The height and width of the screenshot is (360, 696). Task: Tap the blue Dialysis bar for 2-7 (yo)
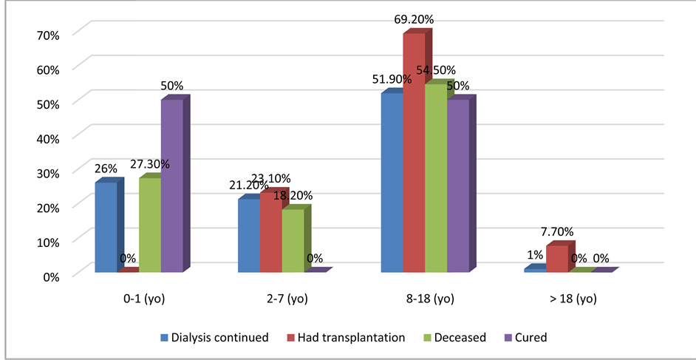pos(248,236)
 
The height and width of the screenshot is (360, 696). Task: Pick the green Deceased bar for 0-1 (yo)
pos(150,225)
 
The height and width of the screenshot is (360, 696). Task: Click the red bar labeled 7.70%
pos(556,259)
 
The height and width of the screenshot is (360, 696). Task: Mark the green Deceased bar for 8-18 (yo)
pos(436,177)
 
